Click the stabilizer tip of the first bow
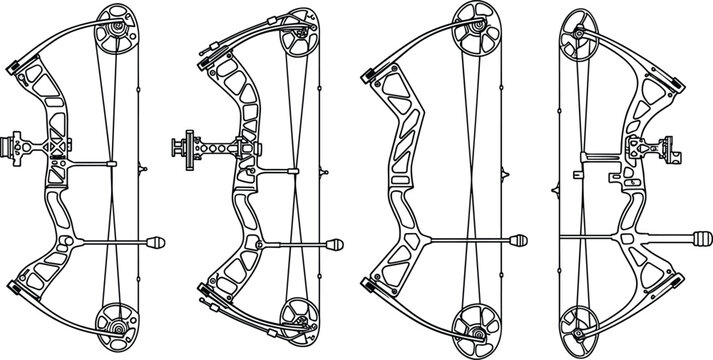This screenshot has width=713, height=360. tap(159, 241)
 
